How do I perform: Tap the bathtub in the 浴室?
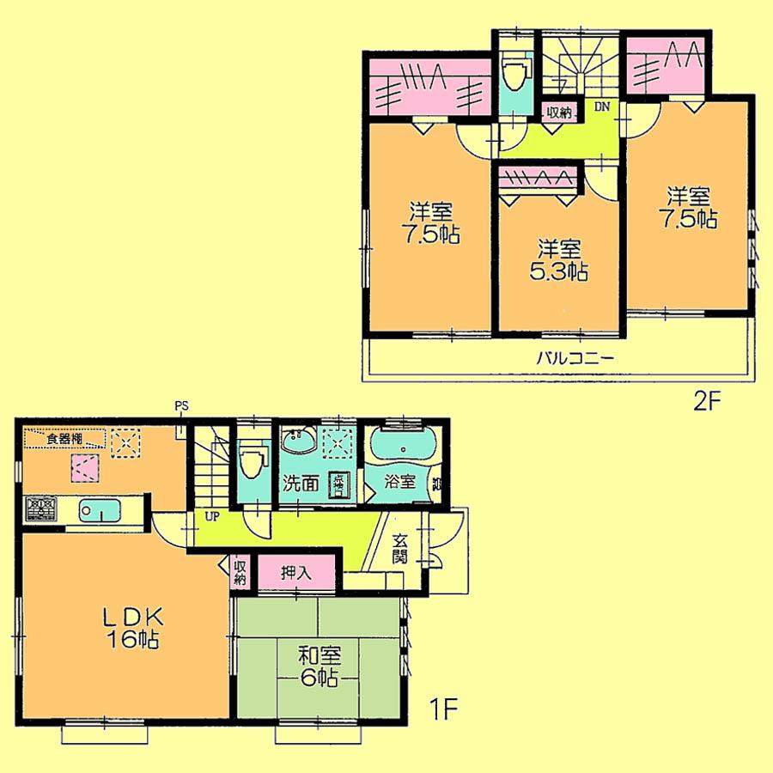402,448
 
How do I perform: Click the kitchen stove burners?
40,509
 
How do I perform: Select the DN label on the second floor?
603,107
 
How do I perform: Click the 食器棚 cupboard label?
65,439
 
